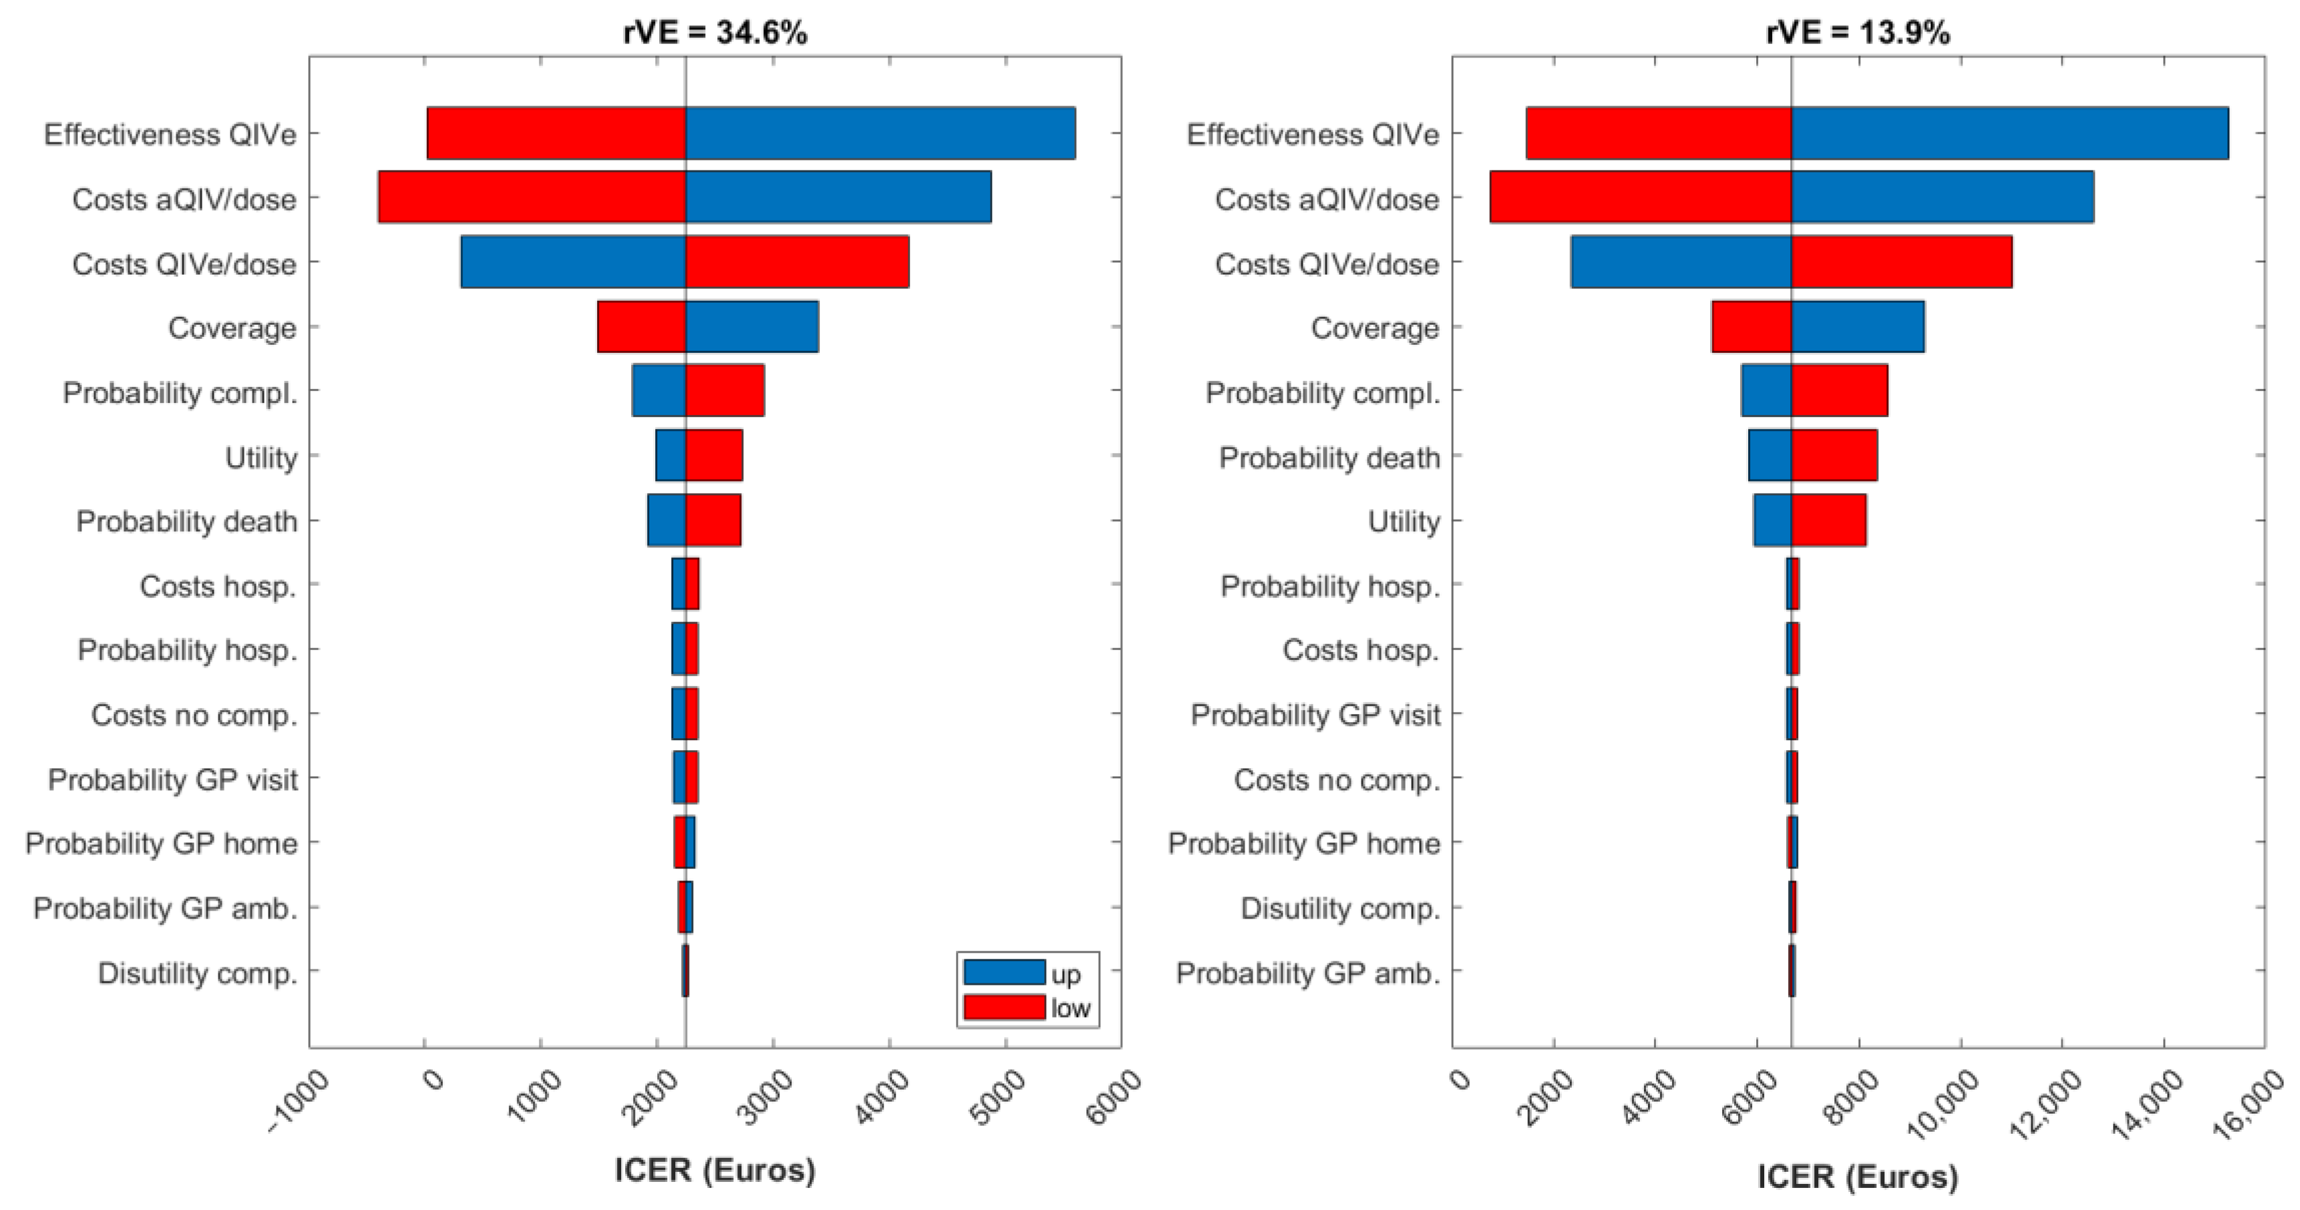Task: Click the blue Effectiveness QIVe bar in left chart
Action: point(880,133)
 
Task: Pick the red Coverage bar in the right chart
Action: point(1751,327)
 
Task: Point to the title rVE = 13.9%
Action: point(1857,33)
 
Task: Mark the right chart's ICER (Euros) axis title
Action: point(1857,1175)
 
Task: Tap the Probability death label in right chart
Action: point(1329,457)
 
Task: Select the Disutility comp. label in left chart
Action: point(197,972)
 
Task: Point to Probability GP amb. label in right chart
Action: point(1307,972)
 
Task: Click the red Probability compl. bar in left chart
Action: point(724,391)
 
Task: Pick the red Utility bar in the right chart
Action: point(1828,520)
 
